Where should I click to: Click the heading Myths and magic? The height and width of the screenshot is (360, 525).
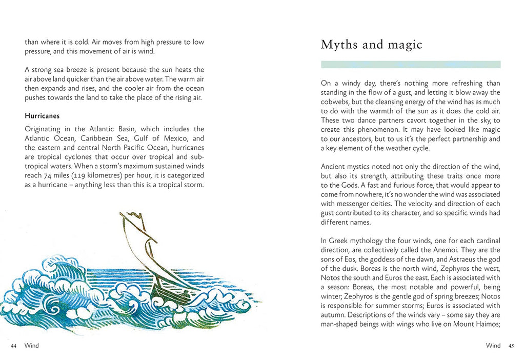pyautogui.click(x=371, y=45)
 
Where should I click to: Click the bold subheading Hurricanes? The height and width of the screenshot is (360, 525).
pyautogui.click(x=42, y=116)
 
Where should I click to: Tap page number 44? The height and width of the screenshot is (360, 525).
pyautogui.click(x=14, y=346)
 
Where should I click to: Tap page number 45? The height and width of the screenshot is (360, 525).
pyautogui.click(x=511, y=346)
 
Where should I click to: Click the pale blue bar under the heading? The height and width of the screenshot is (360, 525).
pyautogui.click(x=410, y=65)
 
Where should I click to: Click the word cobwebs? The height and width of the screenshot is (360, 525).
pyautogui.click(x=336, y=102)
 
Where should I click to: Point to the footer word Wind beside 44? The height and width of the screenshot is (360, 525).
pyautogui.click(x=31, y=346)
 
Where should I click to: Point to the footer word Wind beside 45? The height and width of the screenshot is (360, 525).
pyautogui.click(x=493, y=346)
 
